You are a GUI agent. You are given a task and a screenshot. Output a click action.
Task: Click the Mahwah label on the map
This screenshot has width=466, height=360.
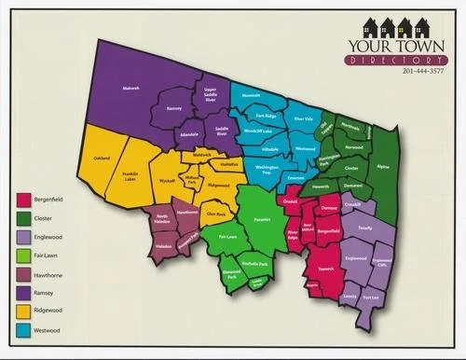[x=131, y=89]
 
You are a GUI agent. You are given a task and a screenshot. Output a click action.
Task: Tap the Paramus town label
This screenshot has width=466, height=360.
[x=262, y=221]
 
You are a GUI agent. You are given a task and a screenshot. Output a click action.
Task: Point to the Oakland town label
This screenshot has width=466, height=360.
[x=103, y=159]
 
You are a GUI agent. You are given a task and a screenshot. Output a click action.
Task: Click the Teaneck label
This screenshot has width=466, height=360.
[x=327, y=270]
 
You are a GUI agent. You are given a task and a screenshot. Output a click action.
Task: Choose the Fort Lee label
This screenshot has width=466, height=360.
[x=372, y=298]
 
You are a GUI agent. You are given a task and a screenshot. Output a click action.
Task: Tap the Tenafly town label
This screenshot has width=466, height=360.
[x=364, y=225]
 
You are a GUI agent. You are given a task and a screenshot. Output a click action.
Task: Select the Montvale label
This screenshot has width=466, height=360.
[x=251, y=95]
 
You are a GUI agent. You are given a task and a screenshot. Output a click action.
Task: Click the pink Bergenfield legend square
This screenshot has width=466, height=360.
[x=23, y=201]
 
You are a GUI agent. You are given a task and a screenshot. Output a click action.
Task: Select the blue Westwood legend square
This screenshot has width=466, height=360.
[x=23, y=330]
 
